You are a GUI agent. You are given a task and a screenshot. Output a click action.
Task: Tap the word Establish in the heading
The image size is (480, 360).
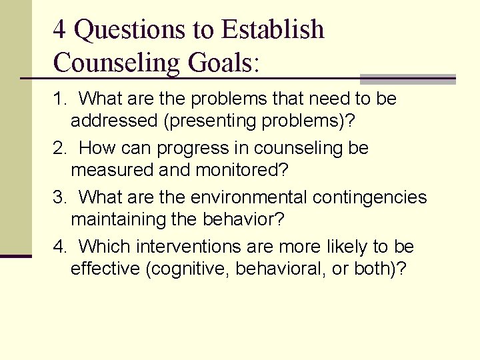(x=273, y=30)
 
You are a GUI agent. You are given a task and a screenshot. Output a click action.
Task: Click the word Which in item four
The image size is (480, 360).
(x=105, y=247)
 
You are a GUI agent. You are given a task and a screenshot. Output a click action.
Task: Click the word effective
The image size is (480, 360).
(x=110, y=269)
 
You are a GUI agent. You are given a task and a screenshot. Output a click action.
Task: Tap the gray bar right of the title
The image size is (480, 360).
(x=407, y=79)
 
